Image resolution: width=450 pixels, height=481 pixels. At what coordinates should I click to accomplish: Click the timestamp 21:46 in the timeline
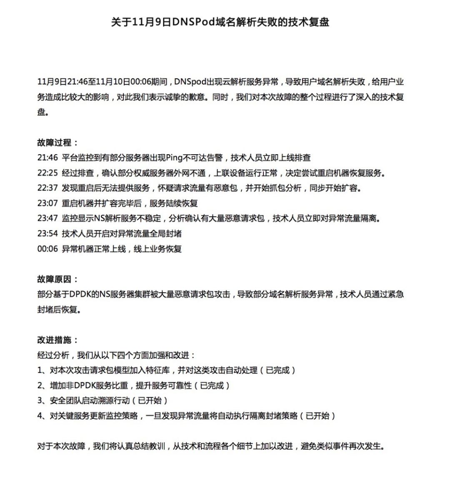click(x=47, y=158)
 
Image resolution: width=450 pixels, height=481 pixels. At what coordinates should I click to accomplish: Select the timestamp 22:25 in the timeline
click(x=47, y=173)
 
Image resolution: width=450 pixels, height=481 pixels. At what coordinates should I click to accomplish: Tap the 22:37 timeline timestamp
click(x=47, y=188)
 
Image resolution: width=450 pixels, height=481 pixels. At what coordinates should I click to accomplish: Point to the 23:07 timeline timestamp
click(x=47, y=203)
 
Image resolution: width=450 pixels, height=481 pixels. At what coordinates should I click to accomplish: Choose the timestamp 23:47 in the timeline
click(x=47, y=218)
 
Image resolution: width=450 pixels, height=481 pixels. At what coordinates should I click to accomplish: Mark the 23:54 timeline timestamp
click(x=47, y=233)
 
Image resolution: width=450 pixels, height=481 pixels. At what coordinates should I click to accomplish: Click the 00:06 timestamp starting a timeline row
click(x=47, y=249)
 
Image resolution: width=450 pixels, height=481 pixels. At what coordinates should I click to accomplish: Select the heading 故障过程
click(x=57, y=143)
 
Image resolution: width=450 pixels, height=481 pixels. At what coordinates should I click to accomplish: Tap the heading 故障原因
click(x=57, y=279)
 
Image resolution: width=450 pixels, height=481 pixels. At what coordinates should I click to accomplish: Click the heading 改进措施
click(x=57, y=340)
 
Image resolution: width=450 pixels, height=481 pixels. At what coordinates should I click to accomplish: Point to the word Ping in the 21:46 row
click(x=174, y=158)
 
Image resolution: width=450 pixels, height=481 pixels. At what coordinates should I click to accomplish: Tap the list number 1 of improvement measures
click(x=40, y=370)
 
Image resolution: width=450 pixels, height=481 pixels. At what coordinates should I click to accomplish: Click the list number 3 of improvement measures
click(x=40, y=401)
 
